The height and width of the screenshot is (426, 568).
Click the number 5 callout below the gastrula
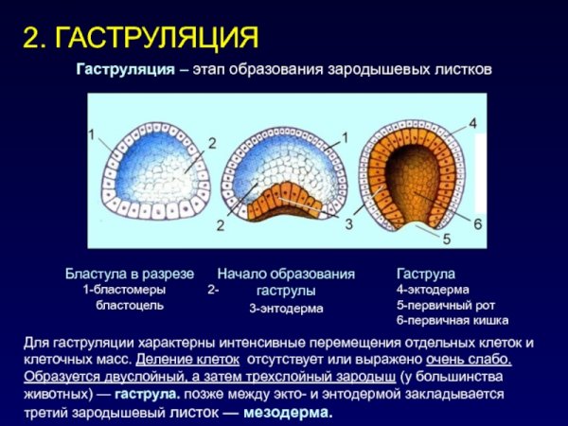click(447, 239)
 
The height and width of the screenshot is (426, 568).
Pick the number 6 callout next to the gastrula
click(478, 222)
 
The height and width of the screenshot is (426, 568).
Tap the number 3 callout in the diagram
click(349, 223)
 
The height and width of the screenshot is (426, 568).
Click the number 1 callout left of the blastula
click(92, 134)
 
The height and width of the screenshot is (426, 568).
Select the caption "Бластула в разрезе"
click(128, 274)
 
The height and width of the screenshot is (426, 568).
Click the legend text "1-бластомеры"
click(124, 290)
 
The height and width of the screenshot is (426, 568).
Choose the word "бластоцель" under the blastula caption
click(130, 306)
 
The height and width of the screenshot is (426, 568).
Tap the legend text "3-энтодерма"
click(286, 308)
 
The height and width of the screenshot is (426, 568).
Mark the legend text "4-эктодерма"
click(433, 290)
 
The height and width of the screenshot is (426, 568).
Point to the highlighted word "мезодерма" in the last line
click(288, 413)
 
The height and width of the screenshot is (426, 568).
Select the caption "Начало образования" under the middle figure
click(286, 274)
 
